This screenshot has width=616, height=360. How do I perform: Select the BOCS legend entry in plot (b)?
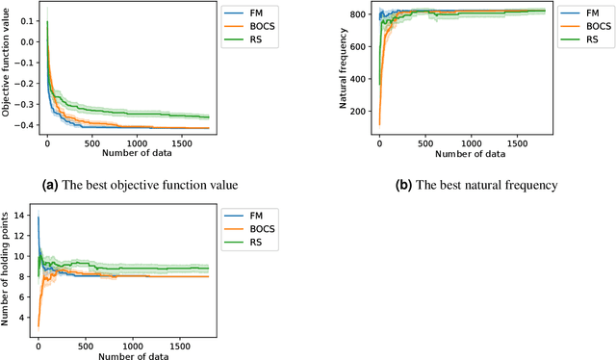tap(587, 28)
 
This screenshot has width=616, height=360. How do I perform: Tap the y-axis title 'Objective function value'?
tap(8, 73)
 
